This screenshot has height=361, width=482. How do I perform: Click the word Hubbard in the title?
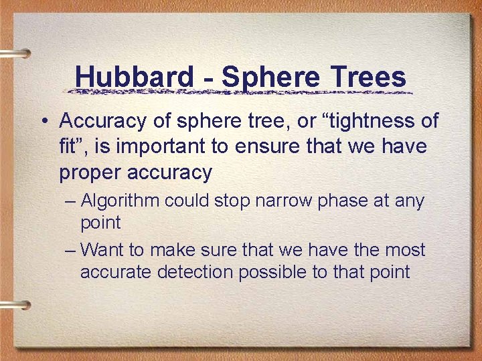[x=133, y=77]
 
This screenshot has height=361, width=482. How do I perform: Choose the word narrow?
[x=292, y=201]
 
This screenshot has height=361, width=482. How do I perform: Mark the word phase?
[x=351, y=201]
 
